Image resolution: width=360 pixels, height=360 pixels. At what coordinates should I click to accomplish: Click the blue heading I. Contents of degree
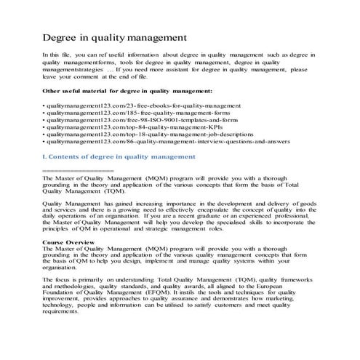point(119,156)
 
